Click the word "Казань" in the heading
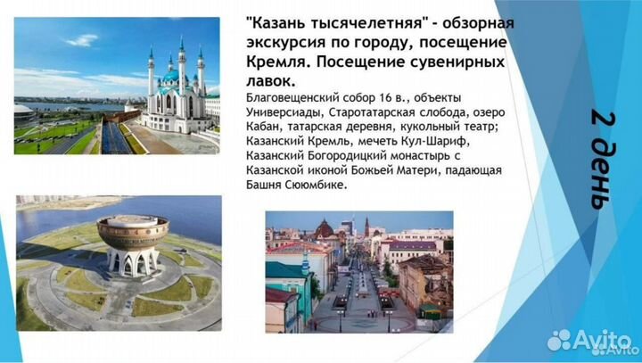click(x=286, y=22)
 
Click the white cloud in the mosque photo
click(x=83, y=40)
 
